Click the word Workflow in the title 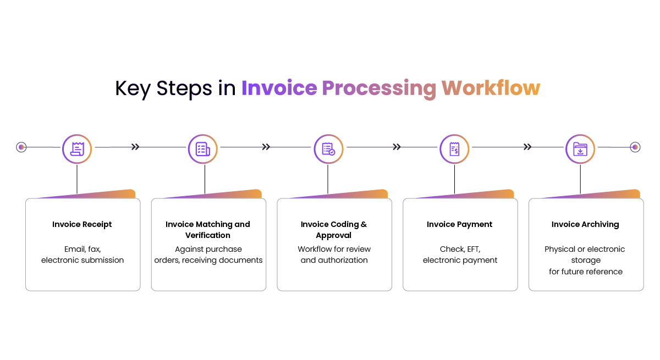coord(491,88)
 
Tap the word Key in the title coord(133,88)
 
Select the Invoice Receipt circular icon coord(77,149)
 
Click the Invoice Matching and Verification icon coord(203,149)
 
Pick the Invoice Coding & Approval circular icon coord(328,149)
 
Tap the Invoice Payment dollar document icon coord(454,149)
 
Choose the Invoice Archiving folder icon coord(580,149)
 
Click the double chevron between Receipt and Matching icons coord(135,147)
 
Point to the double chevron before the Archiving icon coord(527,147)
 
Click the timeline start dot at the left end coord(21,147)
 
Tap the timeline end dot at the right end coord(635,147)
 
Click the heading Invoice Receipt coord(82,224)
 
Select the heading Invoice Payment coord(460,224)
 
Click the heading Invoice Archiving coord(585,224)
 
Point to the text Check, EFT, coord(460,249)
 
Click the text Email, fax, coord(82,249)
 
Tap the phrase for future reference coord(586,272)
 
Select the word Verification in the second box coord(208,235)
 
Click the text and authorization coord(334,260)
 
